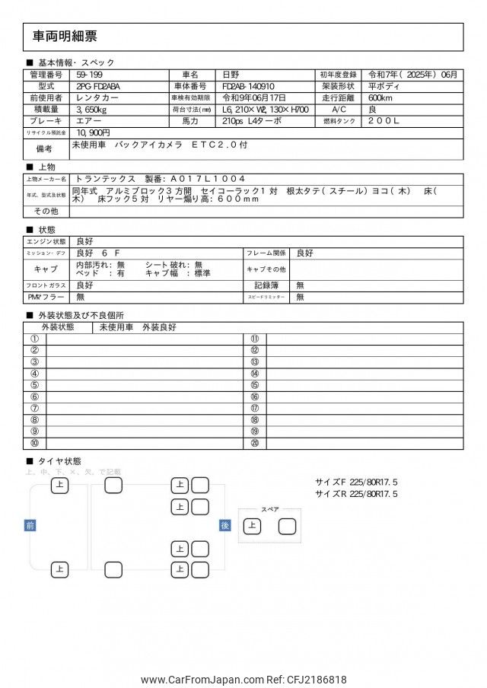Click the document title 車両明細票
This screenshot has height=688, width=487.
(x=65, y=36)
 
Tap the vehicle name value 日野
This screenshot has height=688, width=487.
(x=231, y=75)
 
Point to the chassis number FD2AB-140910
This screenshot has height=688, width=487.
(x=254, y=86)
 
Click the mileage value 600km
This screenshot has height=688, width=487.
(x=380, y=97)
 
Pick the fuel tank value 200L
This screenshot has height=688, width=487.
(x=384, y=120)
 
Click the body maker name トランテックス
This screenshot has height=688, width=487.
(x=106, y=178)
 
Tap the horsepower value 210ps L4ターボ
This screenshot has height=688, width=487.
(x=252, y=120)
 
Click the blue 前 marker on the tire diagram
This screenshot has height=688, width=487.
(x=30, y=525)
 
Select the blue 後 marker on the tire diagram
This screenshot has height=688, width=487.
(x=224, y=525)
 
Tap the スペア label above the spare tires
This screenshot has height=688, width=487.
(x=270, y=509)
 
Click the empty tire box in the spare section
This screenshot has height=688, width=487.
(x=287, y=526)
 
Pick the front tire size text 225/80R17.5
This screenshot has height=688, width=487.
(x=373, y=482)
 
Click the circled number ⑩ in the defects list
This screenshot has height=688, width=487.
(x=34, y=443)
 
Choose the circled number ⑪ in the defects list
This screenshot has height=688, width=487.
(x=254, y=339)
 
